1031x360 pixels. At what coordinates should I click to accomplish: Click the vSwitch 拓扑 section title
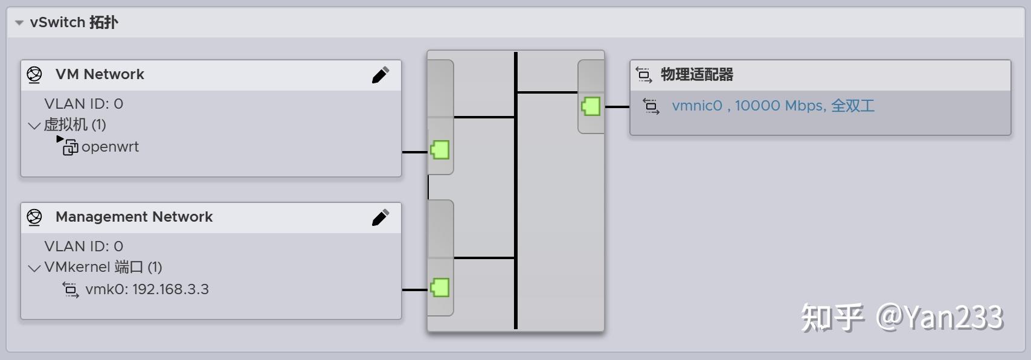[74, 22]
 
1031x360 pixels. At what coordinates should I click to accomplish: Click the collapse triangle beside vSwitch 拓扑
[19, 23]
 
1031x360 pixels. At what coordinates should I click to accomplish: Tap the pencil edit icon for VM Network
[380, 75]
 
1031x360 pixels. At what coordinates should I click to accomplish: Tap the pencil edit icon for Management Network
[380, 217]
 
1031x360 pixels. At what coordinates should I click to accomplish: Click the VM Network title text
[100, 74]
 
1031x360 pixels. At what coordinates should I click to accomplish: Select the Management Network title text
[133, 217]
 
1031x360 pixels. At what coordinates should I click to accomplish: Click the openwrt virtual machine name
[110, 147]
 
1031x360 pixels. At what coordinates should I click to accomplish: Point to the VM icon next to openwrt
[70, 147]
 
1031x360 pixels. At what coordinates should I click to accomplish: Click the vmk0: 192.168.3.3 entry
[147, 289]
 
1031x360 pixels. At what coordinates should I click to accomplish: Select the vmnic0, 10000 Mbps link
[772, 106]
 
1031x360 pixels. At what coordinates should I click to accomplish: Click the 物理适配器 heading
[696, 75]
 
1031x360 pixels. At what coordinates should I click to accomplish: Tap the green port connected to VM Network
[440, 150]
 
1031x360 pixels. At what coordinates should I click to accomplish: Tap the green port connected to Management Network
[440, 288]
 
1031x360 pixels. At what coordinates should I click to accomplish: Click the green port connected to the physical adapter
[591, 106]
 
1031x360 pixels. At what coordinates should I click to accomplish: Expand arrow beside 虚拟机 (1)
[34, 126]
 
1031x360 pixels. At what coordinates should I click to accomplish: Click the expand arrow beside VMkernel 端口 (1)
[34, 268]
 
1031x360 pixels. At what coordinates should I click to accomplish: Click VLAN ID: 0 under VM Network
[83, 104]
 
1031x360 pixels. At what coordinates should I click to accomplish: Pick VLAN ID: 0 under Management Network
[83, 246]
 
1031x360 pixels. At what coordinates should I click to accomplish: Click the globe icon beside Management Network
[34, 217]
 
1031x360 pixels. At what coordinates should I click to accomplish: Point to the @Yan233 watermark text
[939, 317]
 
